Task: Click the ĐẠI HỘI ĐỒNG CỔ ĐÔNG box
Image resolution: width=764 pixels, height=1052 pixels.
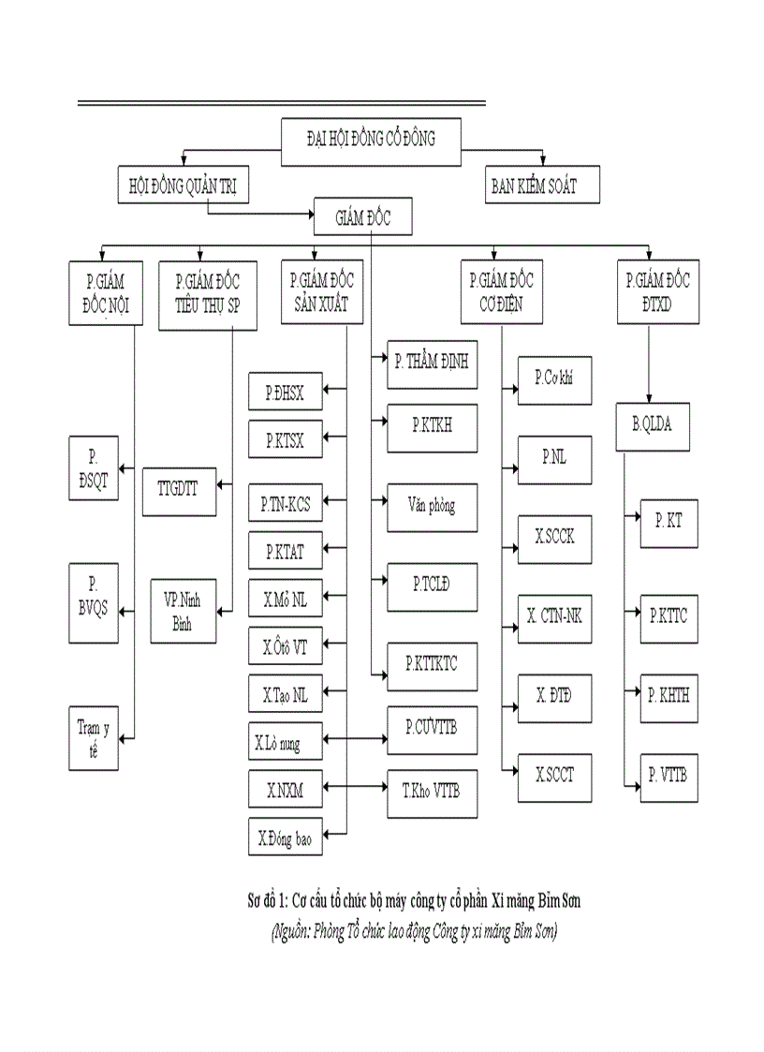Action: click(x=371, y=138)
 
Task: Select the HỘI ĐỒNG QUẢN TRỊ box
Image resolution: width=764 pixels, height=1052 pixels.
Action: click(x=183, y=186)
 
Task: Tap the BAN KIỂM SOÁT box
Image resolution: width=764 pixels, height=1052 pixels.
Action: click(x=541, y=186)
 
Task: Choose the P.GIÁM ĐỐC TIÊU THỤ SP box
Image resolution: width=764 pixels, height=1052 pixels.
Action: click(x=207, y=294)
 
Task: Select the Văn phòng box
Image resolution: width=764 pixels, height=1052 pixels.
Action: click(x=432, y=506)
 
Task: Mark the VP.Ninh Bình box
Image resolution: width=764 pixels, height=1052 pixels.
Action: click(x=184, y=611)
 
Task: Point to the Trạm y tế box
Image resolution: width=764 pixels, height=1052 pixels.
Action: click(x=94, y=737)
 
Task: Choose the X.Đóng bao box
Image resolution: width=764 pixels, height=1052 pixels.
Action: click(x=286, y=838)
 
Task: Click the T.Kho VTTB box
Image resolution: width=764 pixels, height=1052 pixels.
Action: click(x=432, y=789)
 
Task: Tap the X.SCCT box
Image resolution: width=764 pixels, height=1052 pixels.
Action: click(x=555, y=775)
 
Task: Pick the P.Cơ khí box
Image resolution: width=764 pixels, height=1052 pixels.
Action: click(x=555, y=378)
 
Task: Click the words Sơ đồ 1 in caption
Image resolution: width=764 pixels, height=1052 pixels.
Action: click(x=264, y=900)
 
